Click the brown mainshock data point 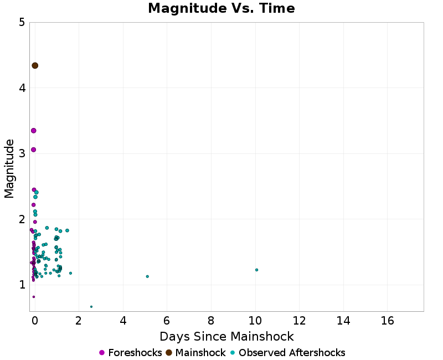point(35,65)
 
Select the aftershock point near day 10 point(256,270)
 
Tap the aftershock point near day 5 point(147,276)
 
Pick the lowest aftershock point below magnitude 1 point(91,306)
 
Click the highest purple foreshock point point(33,131)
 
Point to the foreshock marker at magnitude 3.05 point(33,150)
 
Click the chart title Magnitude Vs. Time point(221,9)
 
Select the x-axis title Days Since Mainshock point(226,336)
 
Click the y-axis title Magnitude point(9,168)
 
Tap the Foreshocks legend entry point(131,353)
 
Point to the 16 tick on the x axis point(387,321)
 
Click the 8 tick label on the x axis point(211,321)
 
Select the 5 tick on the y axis point(21,23)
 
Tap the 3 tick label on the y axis point(21,153)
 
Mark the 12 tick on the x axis point(299,321)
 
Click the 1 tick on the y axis point(21,285)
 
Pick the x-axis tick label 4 point(123,321)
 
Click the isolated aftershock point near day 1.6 point(70,273)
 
